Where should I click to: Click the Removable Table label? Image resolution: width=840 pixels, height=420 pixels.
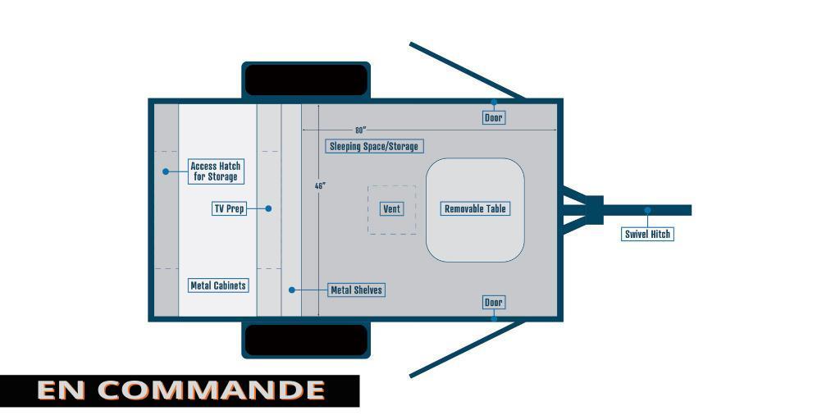point(475,209)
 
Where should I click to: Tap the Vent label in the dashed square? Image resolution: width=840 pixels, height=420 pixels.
point(391,209)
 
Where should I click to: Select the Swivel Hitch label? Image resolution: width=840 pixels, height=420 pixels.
point(647,234)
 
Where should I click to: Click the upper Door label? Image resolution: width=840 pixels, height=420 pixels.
point(493,117)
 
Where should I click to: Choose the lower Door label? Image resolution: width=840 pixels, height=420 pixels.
point(493,303)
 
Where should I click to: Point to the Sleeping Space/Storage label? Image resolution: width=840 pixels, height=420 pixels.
point(373,146)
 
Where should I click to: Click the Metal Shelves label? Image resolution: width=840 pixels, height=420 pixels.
point(356,290)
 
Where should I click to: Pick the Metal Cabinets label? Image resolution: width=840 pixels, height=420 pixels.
point(218,285)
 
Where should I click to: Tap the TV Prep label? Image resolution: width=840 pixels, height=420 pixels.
point(230,208)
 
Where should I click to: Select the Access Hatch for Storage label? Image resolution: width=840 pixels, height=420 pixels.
point(216,171)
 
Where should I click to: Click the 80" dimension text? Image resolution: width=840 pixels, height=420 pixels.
point(360,130)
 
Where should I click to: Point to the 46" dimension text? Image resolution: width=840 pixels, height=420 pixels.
point(320,186)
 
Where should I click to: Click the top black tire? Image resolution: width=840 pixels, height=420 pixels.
point(306,80)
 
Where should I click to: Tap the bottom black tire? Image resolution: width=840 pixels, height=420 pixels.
point(306,340)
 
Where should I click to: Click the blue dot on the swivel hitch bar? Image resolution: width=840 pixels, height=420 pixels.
point(648,210)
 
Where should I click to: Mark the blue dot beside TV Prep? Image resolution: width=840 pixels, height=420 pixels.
point(268,208)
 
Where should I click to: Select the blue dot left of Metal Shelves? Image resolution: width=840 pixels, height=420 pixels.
point(292,290)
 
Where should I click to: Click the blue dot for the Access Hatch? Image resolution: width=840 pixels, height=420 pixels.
point(166,171)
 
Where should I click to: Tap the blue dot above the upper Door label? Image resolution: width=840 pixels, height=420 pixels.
point(494,102)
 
